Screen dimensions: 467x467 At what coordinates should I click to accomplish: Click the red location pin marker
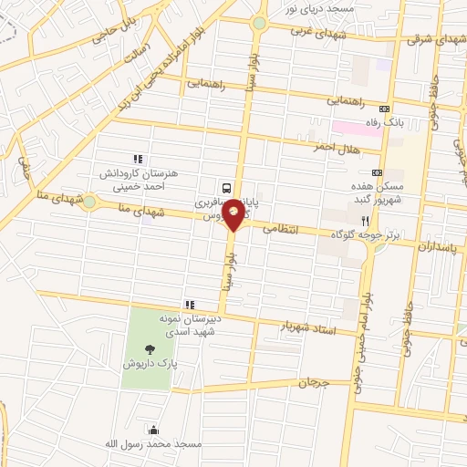tap(234, 214)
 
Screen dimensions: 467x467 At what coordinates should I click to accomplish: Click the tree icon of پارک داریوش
tap(149, 348)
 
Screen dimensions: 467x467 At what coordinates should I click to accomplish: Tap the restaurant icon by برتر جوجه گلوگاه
tap(365, 221)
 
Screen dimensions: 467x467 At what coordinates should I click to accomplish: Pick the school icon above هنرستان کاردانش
tap(139, 159)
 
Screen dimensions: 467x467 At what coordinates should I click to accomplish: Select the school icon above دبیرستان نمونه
tap(189, 305)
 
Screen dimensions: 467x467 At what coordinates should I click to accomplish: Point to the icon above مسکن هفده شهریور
tap(377, 172)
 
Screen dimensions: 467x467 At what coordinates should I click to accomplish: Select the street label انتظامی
tap(281, 231)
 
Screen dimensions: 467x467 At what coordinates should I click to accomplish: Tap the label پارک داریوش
tap(148, 363)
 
